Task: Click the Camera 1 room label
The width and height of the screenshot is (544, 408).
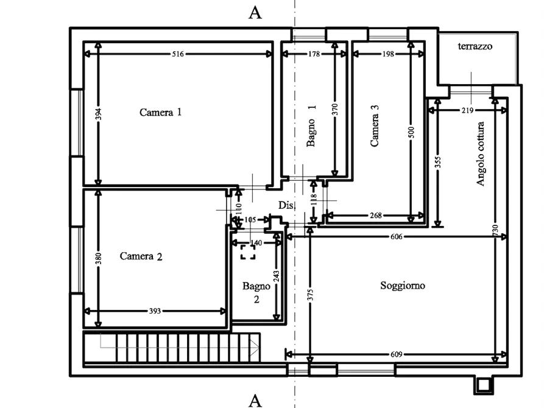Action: [x=160, y=112]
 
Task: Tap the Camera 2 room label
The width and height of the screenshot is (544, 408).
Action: [x=141, y=256]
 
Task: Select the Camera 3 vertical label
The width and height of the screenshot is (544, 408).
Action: [x=375, y=125]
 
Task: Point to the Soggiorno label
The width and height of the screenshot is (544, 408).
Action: [x=403, y=285]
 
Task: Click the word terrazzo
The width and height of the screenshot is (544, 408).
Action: [x=475, y=46]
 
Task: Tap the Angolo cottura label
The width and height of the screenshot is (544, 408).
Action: [x=480, y=153]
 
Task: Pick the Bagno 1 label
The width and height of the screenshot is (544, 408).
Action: [x=311, y=126]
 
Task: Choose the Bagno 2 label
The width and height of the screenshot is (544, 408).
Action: [x=256, y=292]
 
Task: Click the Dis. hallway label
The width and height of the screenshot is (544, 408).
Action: [x=286, y=205]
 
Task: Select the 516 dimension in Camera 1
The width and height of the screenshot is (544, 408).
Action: [x=178, y=54]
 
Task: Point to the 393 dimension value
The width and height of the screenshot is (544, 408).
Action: [x=155, y=311]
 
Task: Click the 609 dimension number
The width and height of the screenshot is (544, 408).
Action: [x=396, y=354]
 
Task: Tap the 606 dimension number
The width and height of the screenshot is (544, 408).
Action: [x=396, y=237]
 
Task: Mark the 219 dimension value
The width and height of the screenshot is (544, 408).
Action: [x=467, y=110]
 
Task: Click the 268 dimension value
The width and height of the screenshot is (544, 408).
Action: [x=376, y=216]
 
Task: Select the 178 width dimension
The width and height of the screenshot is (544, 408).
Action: [x=314, y=54]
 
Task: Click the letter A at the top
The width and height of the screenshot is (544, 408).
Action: [x=255, y=13]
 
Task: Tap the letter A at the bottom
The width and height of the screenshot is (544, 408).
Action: [x=255, y=401]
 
